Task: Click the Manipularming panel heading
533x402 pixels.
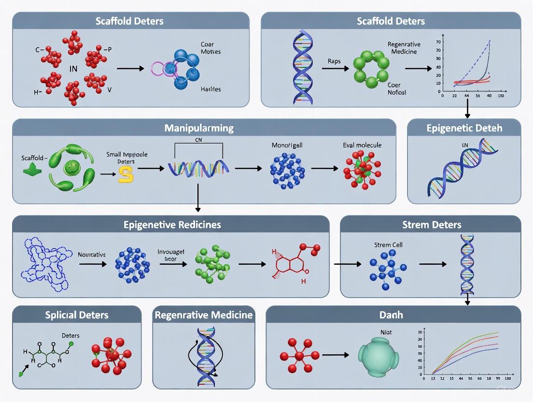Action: [x=199, y=128]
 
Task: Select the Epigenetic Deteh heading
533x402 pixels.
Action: [x=464, y=128]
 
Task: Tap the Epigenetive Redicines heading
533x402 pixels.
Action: [x=172, y=225]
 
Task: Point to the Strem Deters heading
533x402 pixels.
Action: [x=431, y=225]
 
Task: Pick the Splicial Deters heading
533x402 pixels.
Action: [x=77, y=315]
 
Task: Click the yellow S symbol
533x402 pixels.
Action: [x=126, y=174]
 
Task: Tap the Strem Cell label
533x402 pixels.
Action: [x=388, y=245]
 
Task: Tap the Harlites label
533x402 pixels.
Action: [x=210, y=89]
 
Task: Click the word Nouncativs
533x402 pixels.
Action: [x=92, y=254]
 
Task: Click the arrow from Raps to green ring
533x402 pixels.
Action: [x=334, y=69]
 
